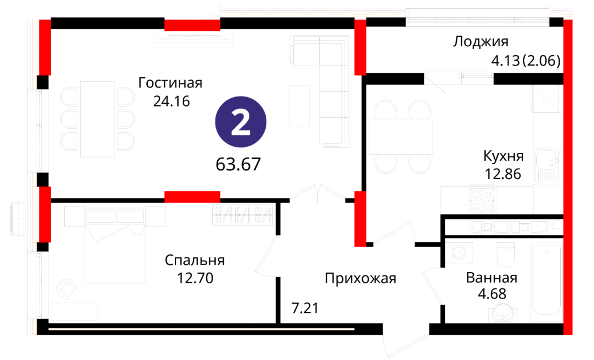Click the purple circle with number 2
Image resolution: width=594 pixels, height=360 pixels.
[x=240, y=122]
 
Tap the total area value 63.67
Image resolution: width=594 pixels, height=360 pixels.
[x=238, y=164]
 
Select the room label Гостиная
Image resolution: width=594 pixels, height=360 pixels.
[x=170, y=82]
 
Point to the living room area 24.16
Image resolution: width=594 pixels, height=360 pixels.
[x=171, y=101]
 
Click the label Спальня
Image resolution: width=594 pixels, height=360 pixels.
[x=195, y=260]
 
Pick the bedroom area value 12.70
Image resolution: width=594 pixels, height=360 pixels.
[x=196, y=278]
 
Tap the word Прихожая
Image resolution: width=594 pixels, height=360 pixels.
[x=360, y=279]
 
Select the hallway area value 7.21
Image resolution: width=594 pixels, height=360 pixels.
[x=305, y=308]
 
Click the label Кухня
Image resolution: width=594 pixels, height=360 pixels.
[x=503, y=156]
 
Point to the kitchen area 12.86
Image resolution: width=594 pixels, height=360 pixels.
[x=503, y=174]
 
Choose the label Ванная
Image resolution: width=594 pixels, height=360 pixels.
[x=492, y=278]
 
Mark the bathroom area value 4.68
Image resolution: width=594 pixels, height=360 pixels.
[x=492, y=294]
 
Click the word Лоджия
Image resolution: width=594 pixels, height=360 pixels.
[x=481, y=41]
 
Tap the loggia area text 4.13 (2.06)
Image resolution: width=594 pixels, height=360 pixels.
[x=526, y=60]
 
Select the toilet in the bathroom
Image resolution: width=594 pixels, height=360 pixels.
[x=506, y=254]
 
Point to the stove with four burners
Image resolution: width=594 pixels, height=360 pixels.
[x=482, y=199]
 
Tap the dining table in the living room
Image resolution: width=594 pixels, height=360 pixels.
[x=98, y=119]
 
